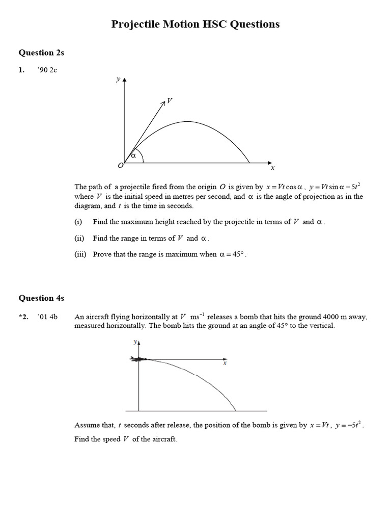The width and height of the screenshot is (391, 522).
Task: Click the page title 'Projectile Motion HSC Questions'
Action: click(195, 24)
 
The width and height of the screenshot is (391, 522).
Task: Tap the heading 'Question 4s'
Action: click(41, 298)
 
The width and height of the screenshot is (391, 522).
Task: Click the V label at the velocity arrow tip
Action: click(170, 101)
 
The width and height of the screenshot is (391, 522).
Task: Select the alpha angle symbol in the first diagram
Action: click(133, 155)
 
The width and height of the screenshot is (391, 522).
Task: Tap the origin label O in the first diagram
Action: click(120, 166)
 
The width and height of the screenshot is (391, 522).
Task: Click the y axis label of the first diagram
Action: click(118, 79)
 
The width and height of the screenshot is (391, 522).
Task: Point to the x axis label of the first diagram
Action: click(272, 168)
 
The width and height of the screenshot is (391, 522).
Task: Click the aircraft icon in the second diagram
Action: click(138, 359)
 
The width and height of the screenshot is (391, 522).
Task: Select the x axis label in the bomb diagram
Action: click(225, 363)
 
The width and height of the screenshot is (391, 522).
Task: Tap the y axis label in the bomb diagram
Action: click(135, 343)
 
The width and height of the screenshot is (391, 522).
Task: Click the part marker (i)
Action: click(78, 222)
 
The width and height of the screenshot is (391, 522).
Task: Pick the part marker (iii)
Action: click(80, 254)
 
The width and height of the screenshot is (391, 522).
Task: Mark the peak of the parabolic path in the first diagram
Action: click(188, 121)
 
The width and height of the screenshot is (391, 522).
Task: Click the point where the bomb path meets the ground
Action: click(235, 410)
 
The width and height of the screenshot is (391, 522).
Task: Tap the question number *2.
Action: click(24, 317)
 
